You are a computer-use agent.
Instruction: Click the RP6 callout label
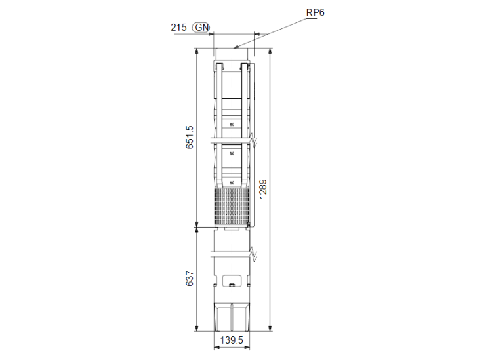pyautogui.click(x=315, y=12)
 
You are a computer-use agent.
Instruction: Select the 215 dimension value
pyautogui.click(x=178, y=28)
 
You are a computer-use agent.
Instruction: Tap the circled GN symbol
pyautogui.click(x=201, y=28)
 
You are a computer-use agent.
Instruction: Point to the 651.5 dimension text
pyautogui.click(x=190, y=137)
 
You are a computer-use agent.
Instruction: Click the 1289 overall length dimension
pyautogui.click(x=263, y=189)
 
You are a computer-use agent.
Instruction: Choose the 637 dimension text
pyautogui.click(x=190, y=279)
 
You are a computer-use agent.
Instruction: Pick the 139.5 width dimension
pyautogui.click(x=232, y=340)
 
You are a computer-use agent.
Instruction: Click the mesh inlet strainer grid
pyautogui.click(x=232, y=207)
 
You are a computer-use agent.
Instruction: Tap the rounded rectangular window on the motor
pyautogui.click(x=232, y=281)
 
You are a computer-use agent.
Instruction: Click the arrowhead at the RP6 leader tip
pyautogui.click(x=236, y=47)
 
